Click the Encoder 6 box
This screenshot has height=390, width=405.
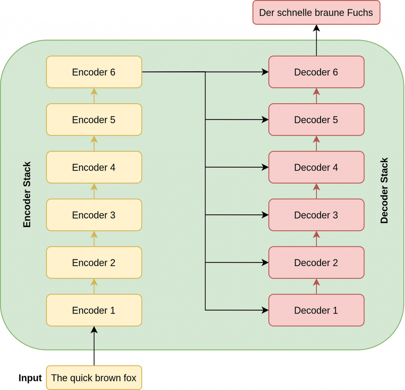(94, 72)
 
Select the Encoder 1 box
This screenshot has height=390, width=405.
(94, 310)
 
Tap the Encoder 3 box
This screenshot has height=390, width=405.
(94, 215)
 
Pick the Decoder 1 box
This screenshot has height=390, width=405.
(316, 310)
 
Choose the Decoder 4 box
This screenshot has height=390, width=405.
(316, 167)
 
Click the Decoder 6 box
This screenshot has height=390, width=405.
(316, 72)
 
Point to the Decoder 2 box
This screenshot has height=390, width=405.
(316, 263)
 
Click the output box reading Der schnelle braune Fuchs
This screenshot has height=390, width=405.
(316, 12)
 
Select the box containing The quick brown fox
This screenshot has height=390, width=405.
(94, 378)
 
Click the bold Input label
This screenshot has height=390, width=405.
(30, 378)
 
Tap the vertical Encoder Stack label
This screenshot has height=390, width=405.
(27, 195)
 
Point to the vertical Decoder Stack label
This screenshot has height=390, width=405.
(384, 191)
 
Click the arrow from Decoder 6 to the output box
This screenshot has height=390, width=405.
(316, 40)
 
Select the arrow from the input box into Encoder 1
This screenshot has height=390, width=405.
(94, 346)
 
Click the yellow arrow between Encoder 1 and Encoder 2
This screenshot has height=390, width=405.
(94, 286)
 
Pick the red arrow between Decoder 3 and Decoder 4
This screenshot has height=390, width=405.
(316, 191)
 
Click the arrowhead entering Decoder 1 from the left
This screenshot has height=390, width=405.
(265, 310)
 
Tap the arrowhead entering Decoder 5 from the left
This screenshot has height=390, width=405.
(265, 119)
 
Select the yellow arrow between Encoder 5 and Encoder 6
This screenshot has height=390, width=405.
(94, 96)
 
